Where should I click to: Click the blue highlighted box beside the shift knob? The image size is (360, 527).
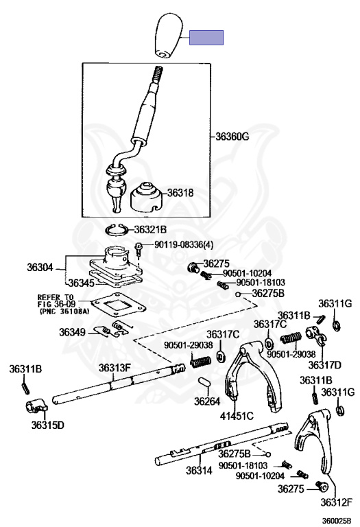[206, 38]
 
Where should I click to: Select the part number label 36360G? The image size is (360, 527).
[232, 137]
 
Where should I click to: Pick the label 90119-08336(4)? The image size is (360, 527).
[184, 244]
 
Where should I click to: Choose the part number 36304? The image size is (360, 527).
[40, 268]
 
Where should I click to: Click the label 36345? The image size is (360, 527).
[81, 283]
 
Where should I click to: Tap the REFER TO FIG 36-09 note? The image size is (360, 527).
[63, 305]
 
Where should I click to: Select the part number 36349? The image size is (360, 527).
[72, 332]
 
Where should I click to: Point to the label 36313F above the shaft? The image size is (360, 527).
[115, 368]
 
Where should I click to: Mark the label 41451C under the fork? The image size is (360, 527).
[237, 416]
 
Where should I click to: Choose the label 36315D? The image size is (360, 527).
[48, 425]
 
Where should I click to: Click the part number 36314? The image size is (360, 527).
[199, 471]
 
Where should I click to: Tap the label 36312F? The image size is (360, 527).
[336, 502]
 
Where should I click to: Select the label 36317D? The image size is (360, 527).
[325, 364]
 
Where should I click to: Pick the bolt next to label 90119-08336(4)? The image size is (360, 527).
[139, 249]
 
